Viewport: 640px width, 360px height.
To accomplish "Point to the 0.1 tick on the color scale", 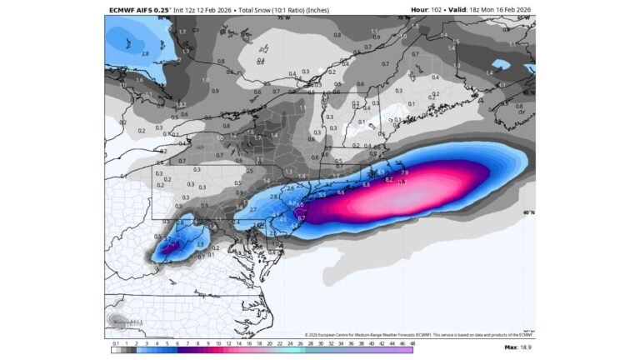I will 114,342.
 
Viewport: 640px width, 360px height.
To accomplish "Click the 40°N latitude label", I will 528,212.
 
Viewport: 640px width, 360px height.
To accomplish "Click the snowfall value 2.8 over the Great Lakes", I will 145,53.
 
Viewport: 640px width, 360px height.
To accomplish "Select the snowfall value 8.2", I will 389,179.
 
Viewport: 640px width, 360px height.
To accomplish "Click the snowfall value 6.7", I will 302,218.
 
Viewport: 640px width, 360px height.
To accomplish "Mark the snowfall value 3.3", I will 199,244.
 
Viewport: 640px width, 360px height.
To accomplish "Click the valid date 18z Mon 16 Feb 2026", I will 499,10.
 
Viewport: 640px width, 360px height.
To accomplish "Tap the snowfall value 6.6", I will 341,192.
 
